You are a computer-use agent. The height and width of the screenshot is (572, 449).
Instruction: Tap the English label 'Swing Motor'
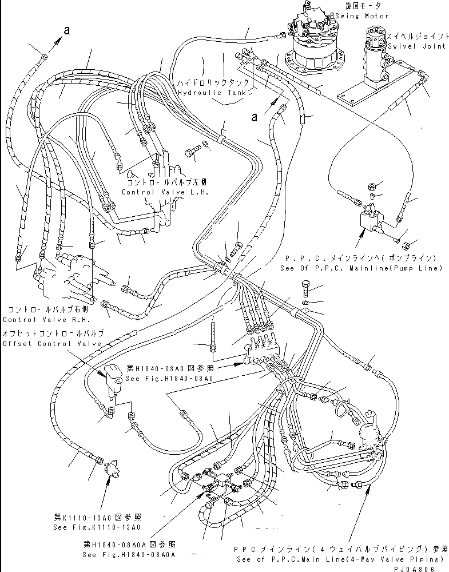[366, 16]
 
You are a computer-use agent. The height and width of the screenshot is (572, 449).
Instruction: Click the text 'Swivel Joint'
[416, 47]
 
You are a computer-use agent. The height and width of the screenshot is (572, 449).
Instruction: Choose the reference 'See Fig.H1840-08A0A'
[129, 554]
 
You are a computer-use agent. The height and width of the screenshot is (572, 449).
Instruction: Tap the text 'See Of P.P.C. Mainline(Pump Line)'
[362, 268]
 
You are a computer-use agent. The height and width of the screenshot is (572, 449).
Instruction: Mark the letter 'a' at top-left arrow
[67, 32]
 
